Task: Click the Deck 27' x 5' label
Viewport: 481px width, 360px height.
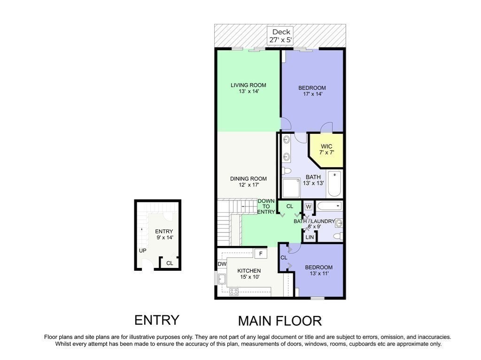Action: click(x=281, y=36)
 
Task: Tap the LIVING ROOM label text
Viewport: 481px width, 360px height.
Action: click(x=248, y=85)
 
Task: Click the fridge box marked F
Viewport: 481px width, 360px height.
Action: click(x=260, y=253)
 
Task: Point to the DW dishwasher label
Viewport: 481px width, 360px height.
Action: click(x=222, y=264)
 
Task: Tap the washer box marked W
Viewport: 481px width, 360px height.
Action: click(x=309, y=207)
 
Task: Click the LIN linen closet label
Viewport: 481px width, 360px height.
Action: click(x=310, y=237)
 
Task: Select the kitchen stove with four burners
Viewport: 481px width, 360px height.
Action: click(x=233, y=291)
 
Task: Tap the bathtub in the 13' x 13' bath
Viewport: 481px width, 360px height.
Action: click(x=334, y=184)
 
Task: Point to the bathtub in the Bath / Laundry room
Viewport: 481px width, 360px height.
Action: click(x=329, y=206)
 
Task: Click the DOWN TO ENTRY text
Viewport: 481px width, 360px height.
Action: click(x=266, y=207)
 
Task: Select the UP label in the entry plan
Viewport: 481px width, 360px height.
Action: click(x=142, y=251)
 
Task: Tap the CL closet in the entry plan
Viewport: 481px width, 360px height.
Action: click(x=170, y=263)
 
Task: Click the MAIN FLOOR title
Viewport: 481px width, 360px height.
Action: click(x=279, y=321)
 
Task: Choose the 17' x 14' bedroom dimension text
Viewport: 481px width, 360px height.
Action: click(x=312, y=94)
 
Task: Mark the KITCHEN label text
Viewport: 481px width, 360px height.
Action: click(x=249, y=271)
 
